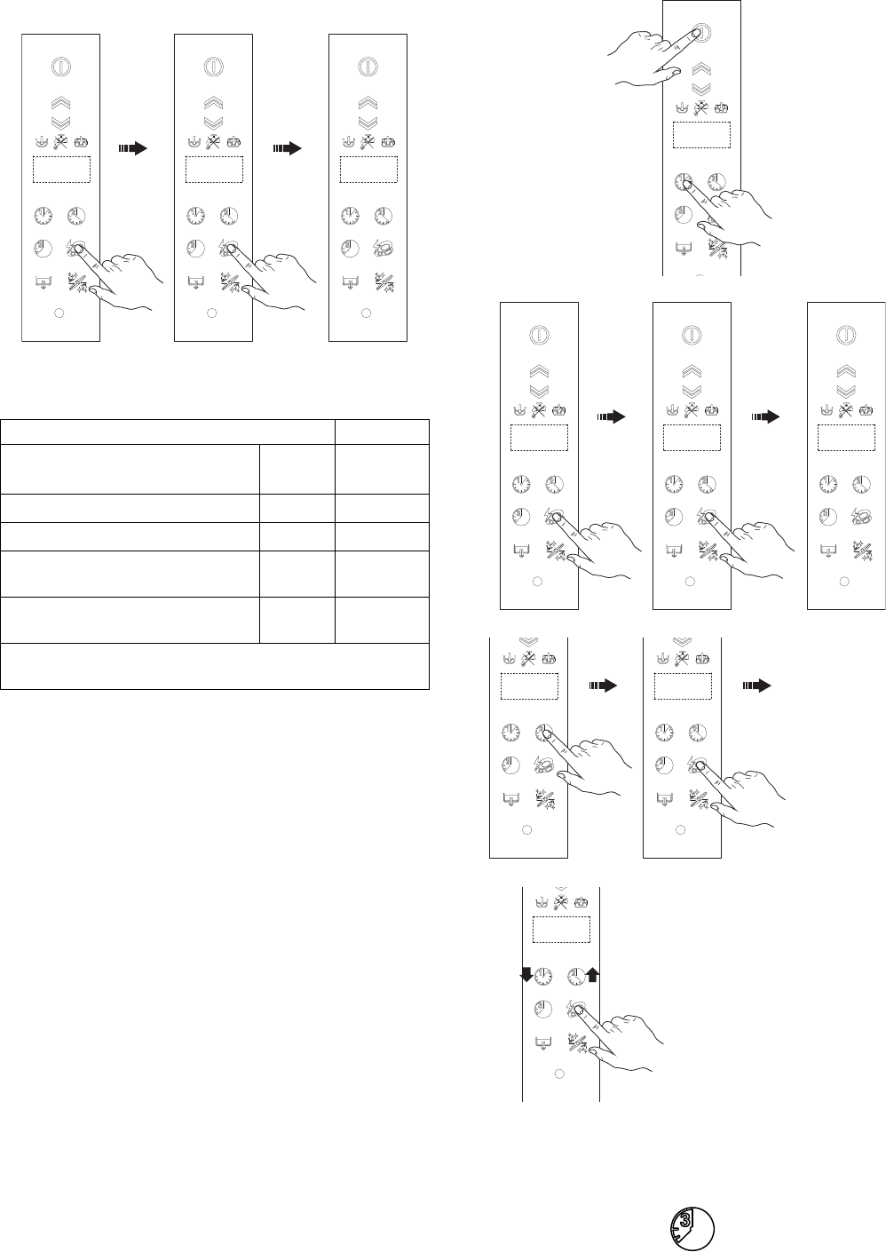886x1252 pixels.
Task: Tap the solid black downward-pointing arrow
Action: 526,975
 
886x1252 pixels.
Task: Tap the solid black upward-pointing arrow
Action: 593,974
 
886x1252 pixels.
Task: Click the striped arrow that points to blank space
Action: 755,686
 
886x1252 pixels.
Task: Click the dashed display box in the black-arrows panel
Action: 561,930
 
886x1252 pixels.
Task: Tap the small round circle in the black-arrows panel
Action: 559,1074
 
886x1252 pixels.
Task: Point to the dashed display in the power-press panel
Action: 701,135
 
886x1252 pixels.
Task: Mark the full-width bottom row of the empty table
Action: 215,667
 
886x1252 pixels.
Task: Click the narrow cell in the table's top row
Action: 382,432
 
